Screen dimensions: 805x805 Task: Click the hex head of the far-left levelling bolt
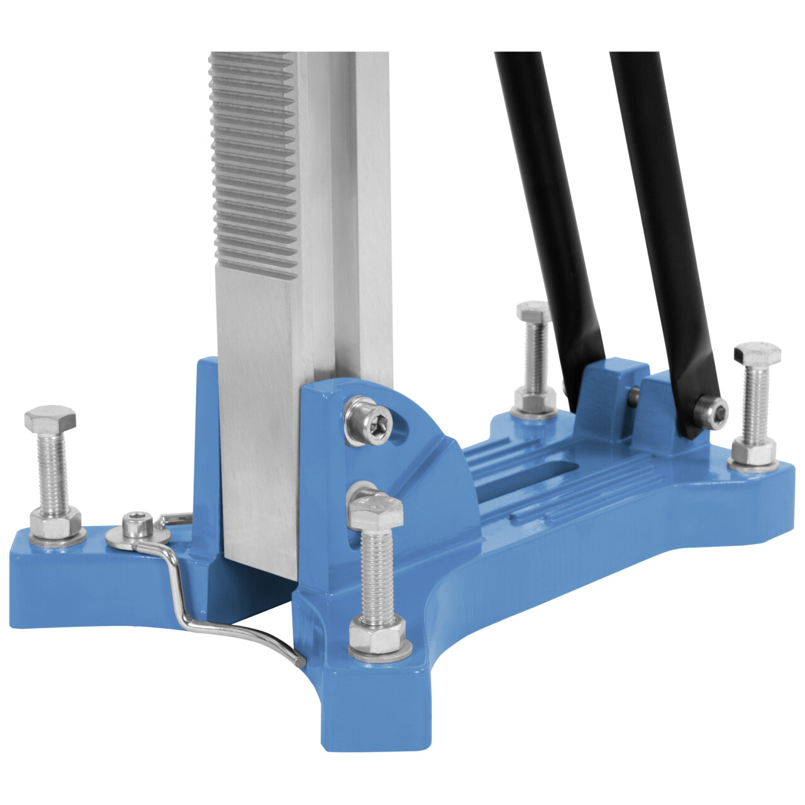point(50,418)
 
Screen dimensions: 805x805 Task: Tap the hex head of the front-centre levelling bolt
point(375,509)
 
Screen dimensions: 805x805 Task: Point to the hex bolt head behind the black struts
point(533,311)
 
